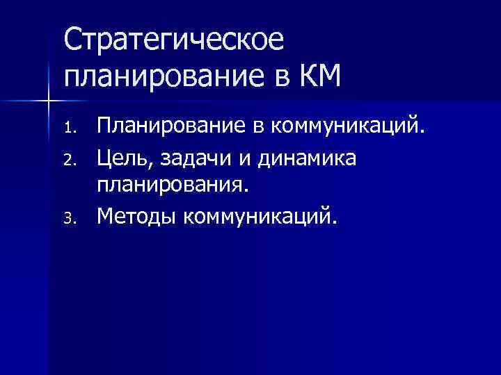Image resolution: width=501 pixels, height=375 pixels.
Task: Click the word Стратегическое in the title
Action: pyautogui.click(x=174, y=40)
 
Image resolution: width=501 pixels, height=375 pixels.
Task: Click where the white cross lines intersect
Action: pyautogui.click(x=48, y=101)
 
